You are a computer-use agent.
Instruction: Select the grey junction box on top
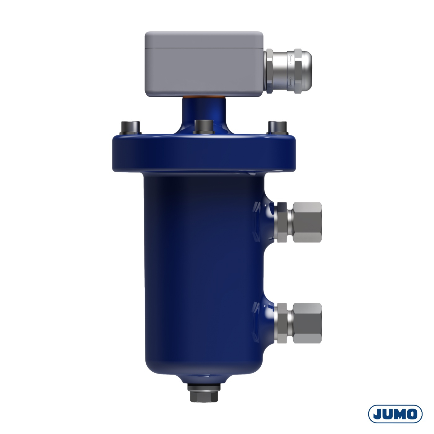(x=204, y=64)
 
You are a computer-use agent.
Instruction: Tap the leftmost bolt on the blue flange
(x=131, y=128)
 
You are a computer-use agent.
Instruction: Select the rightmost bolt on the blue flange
(x=277, y=128)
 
